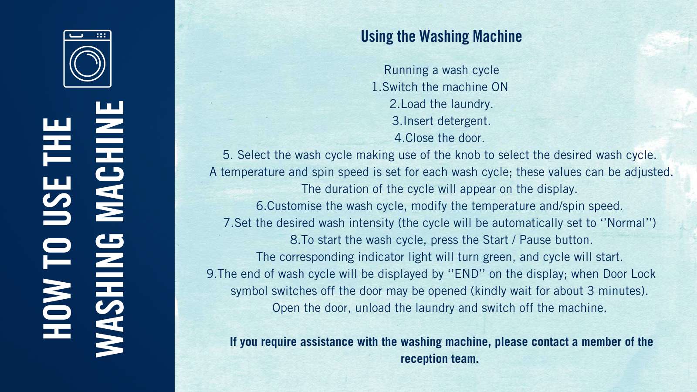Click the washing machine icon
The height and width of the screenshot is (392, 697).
[88, 59]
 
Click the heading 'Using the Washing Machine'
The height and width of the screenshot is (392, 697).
[441, 37]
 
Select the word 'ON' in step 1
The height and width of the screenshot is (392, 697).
[500, 87]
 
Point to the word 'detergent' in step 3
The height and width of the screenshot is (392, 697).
[463, 122]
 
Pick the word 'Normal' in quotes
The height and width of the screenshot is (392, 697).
[627, 223]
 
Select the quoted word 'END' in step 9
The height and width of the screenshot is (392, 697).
[467, 274]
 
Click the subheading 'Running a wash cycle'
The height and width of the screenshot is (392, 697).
[441, 71]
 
